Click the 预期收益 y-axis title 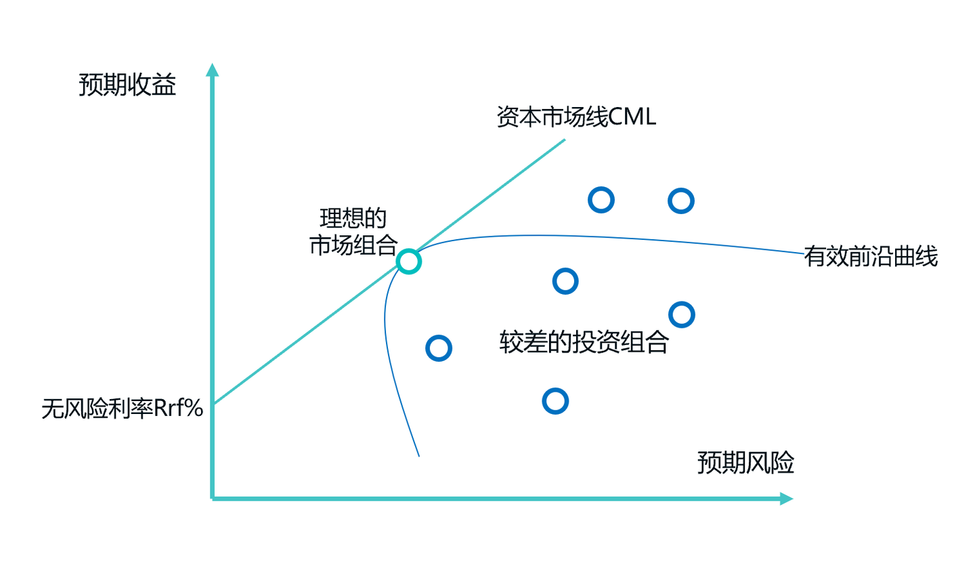pos(127,86)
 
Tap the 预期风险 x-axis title pos(745,464)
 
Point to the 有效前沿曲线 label pos(871,257)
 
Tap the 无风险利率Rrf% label pos(123,409)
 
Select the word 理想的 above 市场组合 pos(352,219)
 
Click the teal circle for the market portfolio pos(408,261)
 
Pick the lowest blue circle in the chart pos(555,401)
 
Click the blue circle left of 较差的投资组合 pos(439,348)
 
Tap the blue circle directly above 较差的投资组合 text pos(565,280)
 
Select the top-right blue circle pos(681,201)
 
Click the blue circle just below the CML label pos(601,199)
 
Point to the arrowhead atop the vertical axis pos(213,70)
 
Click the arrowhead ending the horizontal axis pos(785,499)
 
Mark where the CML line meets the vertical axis pos(213,404)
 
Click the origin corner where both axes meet pos(213,499)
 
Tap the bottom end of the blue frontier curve pos(419,455)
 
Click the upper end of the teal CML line pos(564,140)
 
